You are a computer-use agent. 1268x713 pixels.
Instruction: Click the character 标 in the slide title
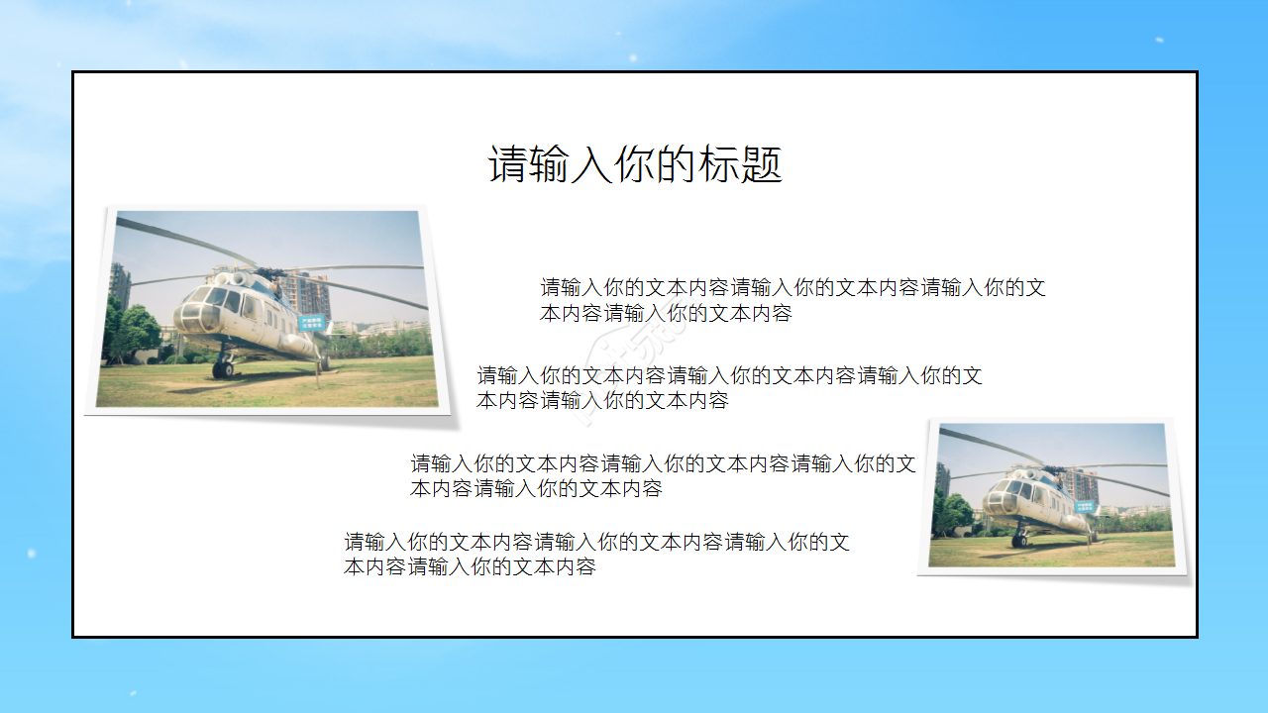pyautogui.click(x=721, y=164)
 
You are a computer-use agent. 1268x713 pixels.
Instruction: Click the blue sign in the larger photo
pyautogui.click(x=312, y=323)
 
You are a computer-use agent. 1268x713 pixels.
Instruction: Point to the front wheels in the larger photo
pyautogui.click(x=223, y=369)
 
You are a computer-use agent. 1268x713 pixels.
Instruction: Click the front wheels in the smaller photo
pyautogui.click(x=1019, y=541)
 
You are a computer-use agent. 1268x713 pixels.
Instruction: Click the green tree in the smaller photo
pyautogui.click(x=953, y=513)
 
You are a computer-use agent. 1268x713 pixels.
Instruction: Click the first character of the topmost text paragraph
pyautogui.click(x=551, y=288)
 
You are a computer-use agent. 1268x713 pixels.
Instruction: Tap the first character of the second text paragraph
pyautogui.click(x=487, y=376)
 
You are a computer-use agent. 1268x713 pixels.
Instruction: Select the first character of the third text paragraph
pyautogui.click(x=421, y=463)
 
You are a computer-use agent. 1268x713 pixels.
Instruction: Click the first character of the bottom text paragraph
pyautogui.click(x=355, y=543)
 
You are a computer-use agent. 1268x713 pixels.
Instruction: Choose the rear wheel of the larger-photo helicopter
pyautogui.click(x=323, y=363)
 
